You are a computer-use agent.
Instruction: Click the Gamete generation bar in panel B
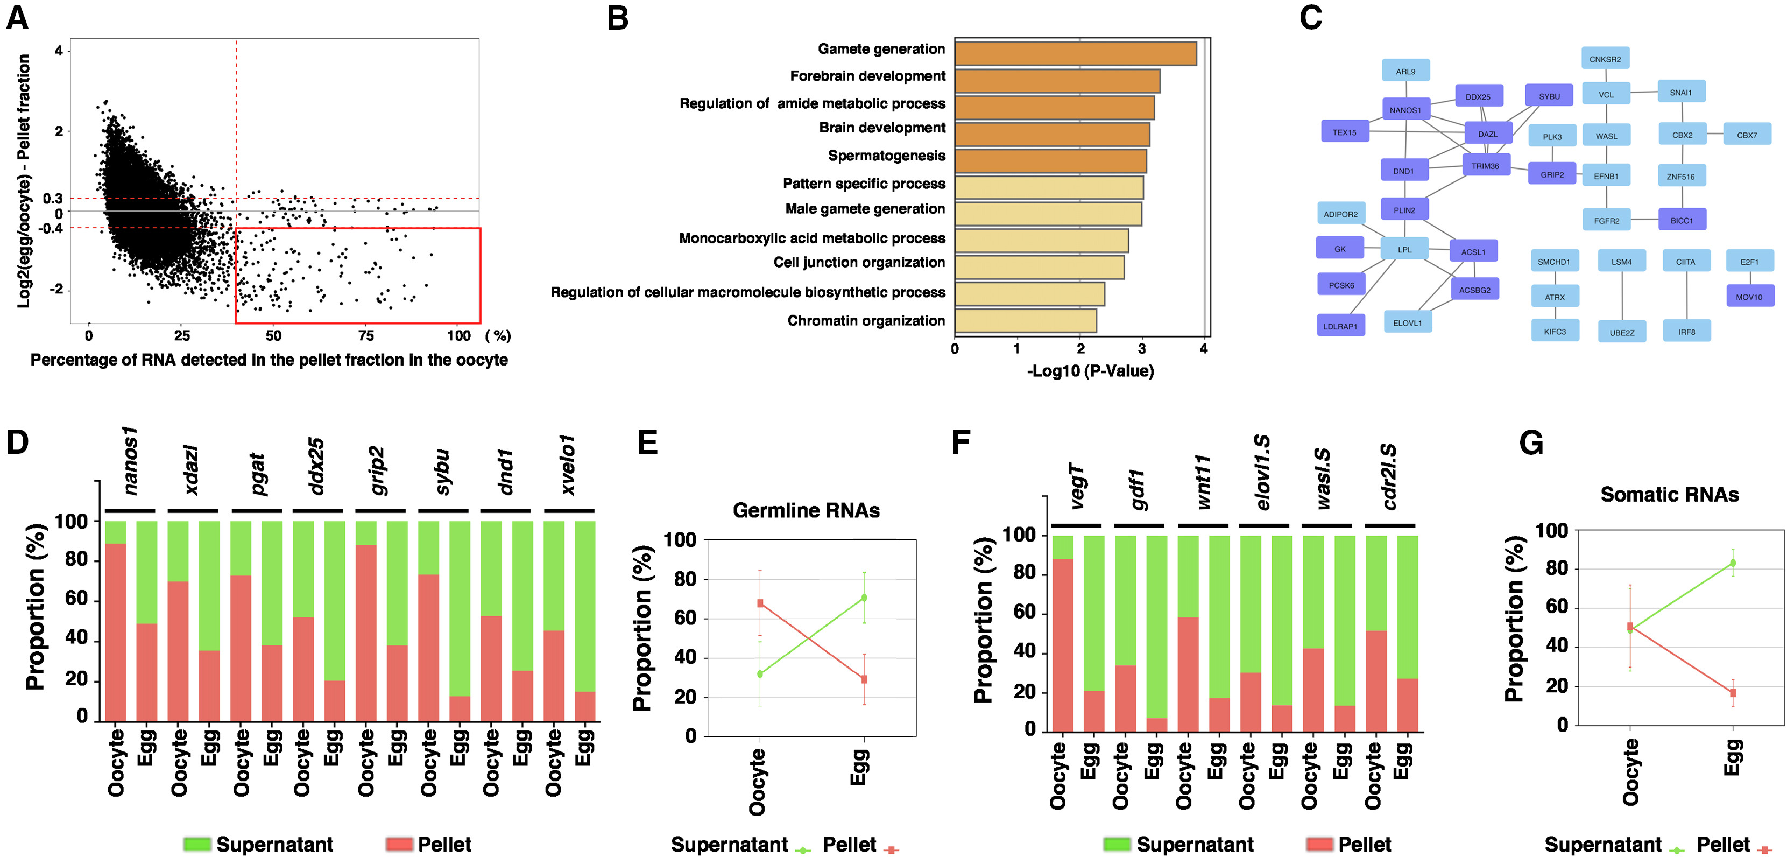[1075, 53]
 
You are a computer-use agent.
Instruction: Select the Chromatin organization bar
[1025, 321]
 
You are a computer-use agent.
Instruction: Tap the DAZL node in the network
[1487, 134]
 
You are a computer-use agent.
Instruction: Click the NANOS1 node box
[1405, 110]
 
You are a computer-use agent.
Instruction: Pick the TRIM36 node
[1485, 166]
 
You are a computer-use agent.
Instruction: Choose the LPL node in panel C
[1404, 249]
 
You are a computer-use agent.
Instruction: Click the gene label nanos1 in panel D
[130, 461]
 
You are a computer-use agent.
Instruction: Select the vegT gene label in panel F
[1076, 486]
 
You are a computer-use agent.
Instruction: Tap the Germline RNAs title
[806, 511]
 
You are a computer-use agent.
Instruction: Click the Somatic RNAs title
[1669, 495]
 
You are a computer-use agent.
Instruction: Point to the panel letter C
[1310, 17]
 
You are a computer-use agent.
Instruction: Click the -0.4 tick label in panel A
[50, 228]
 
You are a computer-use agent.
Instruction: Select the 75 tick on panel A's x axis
[365, 336]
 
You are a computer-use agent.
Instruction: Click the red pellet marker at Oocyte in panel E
[760, 603]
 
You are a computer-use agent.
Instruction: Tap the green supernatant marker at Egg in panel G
[1732, 563]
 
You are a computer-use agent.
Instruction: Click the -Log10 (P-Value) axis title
[1090, 371]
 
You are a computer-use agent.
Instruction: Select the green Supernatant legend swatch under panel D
[196, 844]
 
